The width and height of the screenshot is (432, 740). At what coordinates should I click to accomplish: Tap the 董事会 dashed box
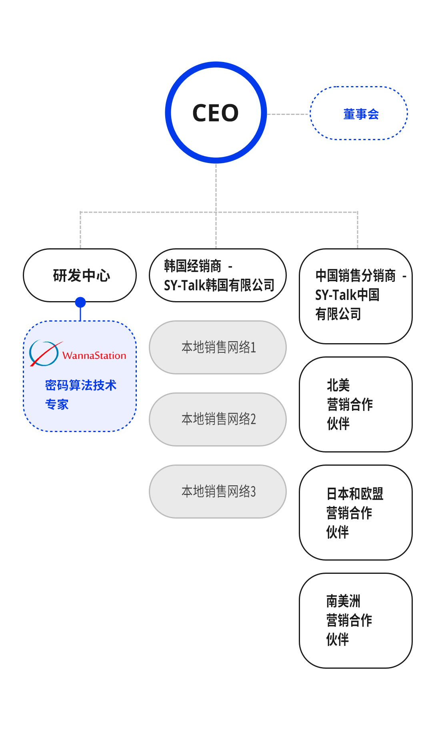point(359,113)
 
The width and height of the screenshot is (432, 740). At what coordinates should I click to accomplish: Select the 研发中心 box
point(80,275)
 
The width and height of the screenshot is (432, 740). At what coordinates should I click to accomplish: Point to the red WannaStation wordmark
point(94,356)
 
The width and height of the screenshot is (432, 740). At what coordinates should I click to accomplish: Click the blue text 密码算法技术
point(81,385)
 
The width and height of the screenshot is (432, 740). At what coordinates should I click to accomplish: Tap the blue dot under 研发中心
point(80,302)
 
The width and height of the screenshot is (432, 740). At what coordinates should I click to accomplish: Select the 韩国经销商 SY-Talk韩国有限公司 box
point(218,275)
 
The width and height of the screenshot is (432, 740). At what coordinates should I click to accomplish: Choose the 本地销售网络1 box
point(218,347)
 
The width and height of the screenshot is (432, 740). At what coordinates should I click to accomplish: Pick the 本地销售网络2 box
point(218,419)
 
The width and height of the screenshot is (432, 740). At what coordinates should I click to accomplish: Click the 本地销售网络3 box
point(218,491)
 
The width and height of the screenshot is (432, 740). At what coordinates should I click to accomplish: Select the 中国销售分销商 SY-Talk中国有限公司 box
point(356,296)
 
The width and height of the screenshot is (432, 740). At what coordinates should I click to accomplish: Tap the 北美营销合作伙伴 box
point(356,404)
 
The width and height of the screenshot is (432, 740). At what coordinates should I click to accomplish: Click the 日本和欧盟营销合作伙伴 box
point(356,513)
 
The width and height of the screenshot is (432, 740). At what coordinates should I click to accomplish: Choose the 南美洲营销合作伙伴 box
point(356,621)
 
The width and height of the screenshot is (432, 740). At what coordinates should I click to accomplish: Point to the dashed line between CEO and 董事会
point(288,114)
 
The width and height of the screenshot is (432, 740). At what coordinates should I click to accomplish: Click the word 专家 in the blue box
point(57,404)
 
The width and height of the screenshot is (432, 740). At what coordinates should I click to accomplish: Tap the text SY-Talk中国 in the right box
point(347,295)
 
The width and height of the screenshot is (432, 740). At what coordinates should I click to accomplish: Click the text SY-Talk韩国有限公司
point(219,285)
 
